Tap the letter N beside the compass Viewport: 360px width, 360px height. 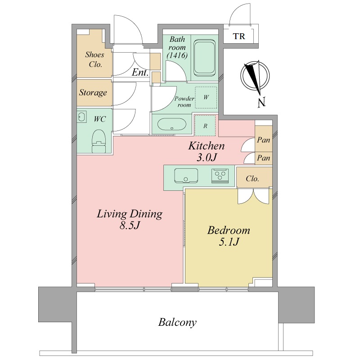point(261,102)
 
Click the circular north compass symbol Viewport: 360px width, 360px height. point(255,76)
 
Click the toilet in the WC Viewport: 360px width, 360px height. point(99,141)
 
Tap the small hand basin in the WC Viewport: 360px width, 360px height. point(81,117)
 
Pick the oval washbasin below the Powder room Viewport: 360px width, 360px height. point(171,124)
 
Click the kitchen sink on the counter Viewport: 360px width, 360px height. point(186,175)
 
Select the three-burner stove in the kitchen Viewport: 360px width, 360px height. point(220,175)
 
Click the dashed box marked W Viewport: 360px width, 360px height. point(206,97)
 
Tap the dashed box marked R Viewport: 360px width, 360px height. point(205,126)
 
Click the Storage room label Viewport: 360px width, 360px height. point(93,93)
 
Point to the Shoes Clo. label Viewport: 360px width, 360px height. point(95,59)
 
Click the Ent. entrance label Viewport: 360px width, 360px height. point(140,72)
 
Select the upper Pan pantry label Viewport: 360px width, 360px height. point(263,140)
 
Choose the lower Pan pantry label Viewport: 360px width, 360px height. point(263,158)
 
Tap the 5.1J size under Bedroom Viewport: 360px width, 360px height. point(229,242)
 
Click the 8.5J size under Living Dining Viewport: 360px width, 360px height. point(130,225)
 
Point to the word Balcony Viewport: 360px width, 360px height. point(177,323)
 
